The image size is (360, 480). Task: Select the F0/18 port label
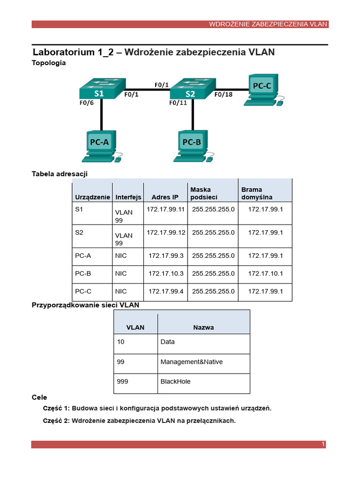224,94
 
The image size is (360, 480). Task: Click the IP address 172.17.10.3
165,273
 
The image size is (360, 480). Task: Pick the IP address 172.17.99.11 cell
165,209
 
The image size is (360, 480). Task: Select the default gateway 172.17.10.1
265,273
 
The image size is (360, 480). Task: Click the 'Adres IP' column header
165,197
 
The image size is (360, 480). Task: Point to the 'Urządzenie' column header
92,197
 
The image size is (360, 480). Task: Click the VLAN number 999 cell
122,382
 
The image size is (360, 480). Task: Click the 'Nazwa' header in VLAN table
203,327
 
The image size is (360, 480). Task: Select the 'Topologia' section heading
49,62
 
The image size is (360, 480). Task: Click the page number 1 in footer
323,444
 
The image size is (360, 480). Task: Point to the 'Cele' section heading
39,397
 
